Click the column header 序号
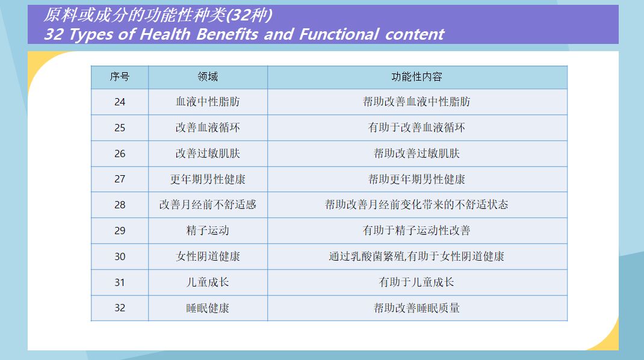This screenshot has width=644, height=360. [x=120, y=77]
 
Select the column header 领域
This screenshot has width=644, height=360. [x=208, y=77]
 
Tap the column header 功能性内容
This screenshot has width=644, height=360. [x=417, y=77]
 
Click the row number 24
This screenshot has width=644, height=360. [x=120, y=102]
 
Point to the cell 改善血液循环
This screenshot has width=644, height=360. [x=208, y=128]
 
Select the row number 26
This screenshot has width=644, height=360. [x=120, y=154]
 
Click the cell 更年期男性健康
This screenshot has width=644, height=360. [x=208, y=179]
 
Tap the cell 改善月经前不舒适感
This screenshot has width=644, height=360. [x=208, y=205]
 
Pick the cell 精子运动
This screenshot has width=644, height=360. [x=208, y=231]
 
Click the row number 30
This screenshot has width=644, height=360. [x=120, y=256]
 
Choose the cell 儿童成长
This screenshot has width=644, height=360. [x=208, y=282]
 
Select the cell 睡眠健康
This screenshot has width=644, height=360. [x=208, y=308]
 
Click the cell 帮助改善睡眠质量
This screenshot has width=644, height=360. [x=417, y=308]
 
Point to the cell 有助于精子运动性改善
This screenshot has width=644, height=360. [x=417, y=231]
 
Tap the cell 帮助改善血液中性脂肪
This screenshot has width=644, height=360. [x=417, y=102]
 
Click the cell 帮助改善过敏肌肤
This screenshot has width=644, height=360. [x=417, y=154]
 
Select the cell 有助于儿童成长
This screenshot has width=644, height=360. [x=417, y=282]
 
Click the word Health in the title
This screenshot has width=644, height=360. [x=165, y=34]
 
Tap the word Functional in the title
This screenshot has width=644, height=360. [x=339, y=34]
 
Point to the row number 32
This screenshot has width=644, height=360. [x=120, y=308]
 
